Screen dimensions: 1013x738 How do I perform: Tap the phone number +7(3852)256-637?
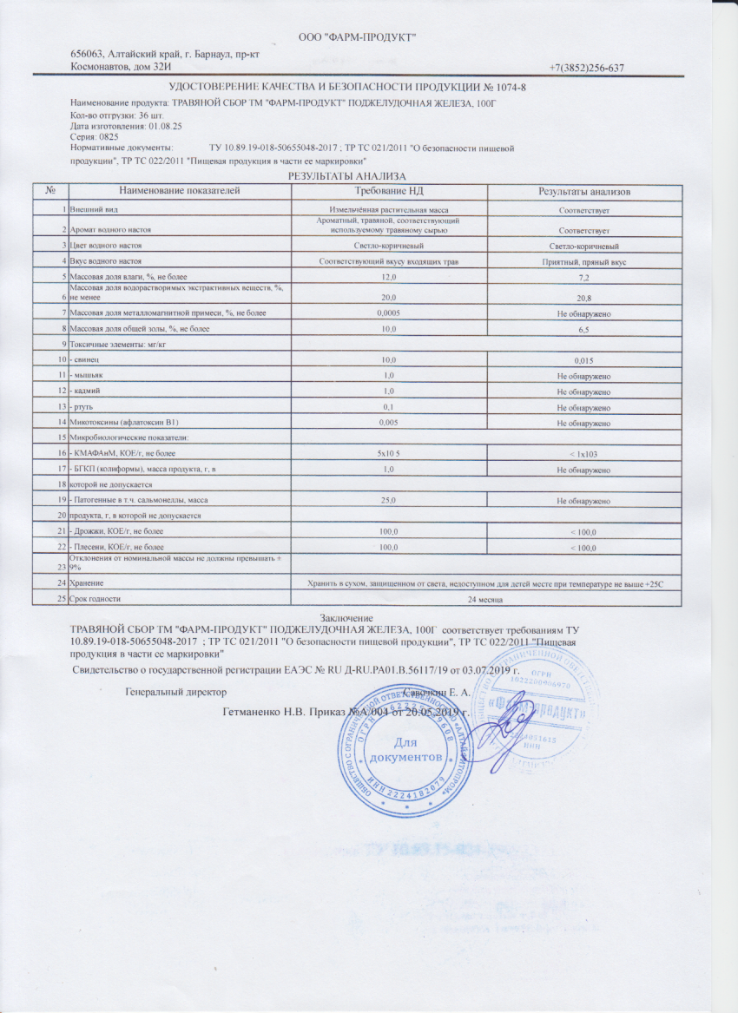(587, 68)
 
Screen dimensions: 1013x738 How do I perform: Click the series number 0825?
(108, 137)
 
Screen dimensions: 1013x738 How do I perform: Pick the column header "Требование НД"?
(389, 190)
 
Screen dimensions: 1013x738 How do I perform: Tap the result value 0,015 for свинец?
(583, 359)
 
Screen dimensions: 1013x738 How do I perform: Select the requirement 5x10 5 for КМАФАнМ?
(389, 453)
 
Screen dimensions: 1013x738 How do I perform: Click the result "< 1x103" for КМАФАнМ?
(583, 454)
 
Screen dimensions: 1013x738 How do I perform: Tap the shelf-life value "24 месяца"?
(486, 599)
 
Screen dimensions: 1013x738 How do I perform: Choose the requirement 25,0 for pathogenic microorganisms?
(389, 501)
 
